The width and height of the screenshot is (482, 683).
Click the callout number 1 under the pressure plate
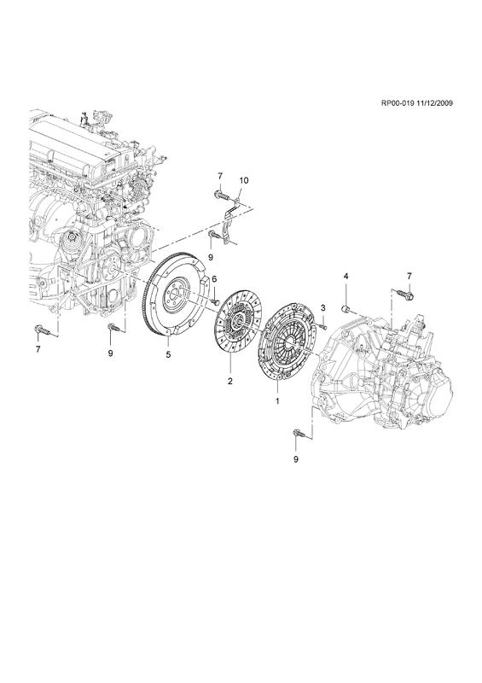[277, 400]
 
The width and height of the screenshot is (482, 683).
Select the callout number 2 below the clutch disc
[229, 381]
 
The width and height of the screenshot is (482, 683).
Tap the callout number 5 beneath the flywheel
[169, 354]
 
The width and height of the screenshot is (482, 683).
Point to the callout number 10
[244, 180]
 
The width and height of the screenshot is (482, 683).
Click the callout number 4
[346, 276]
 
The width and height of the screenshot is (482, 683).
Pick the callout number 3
[323, 308]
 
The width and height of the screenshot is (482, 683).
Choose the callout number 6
[214, 278]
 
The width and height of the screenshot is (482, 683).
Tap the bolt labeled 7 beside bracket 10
[221, 196]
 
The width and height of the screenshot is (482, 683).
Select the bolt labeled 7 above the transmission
[408, 295]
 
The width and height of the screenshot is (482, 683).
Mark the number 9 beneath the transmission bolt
[296, 458]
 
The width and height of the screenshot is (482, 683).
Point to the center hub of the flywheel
[177, 294]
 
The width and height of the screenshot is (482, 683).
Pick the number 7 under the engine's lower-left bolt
[38, 349]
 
